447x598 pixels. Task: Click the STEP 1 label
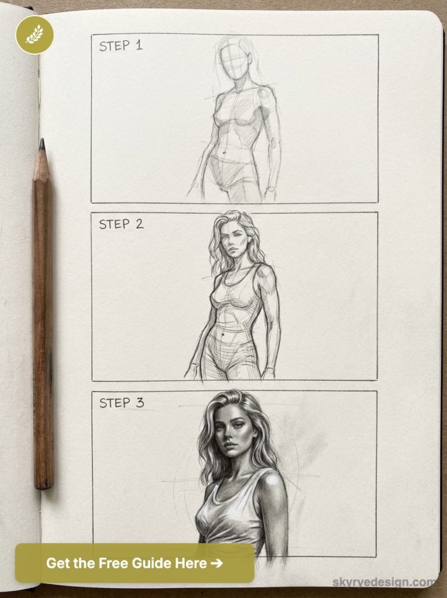click(120, 46)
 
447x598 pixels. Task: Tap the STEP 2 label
click(120, 224)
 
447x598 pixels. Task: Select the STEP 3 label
click(121, 403)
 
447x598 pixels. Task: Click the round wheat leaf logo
click(34, 35)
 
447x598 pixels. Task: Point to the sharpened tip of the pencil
click(41, 142)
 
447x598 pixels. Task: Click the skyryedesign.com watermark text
click(384, 582)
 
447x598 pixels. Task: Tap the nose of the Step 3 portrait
click(228, 435)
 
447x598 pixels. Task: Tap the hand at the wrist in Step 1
click(269, 193)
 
